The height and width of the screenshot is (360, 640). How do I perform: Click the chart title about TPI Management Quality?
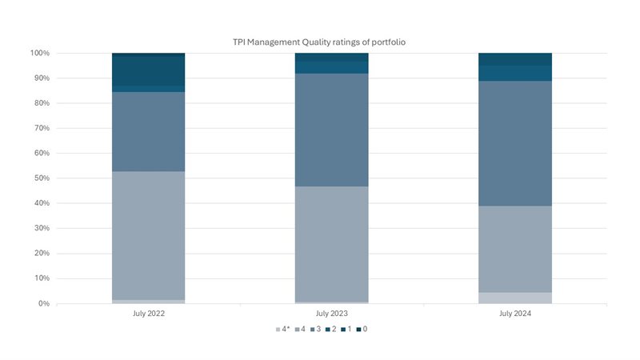point(319,41)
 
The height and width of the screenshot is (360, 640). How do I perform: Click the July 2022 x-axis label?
point(149,314)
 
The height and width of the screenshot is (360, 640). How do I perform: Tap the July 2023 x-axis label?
point(332,314)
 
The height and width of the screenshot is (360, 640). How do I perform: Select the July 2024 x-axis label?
point(515,314)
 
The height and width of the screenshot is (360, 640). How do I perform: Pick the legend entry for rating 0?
point(362,329)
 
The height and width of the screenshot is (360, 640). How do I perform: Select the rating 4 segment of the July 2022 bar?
point(149,235)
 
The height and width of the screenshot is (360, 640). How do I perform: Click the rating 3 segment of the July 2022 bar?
point(149,131)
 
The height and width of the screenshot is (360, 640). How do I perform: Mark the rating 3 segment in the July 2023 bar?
point(332,130)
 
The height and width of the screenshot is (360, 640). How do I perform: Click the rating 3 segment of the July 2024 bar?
point(515,143)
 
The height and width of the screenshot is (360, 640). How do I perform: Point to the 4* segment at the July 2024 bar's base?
point(515,298)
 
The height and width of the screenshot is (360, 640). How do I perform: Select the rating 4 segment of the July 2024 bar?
point(515,249)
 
